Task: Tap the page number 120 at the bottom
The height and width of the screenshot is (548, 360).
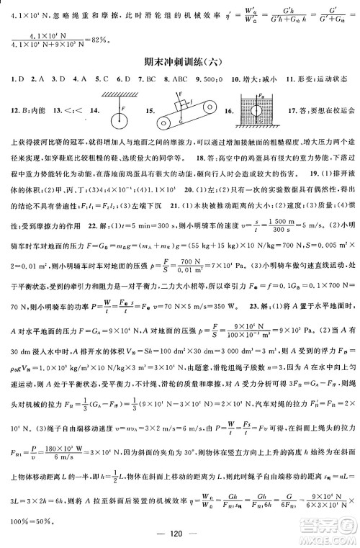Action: click(x=180, y=526)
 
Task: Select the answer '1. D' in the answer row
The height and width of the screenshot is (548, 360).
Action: click(x=12, y=78)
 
